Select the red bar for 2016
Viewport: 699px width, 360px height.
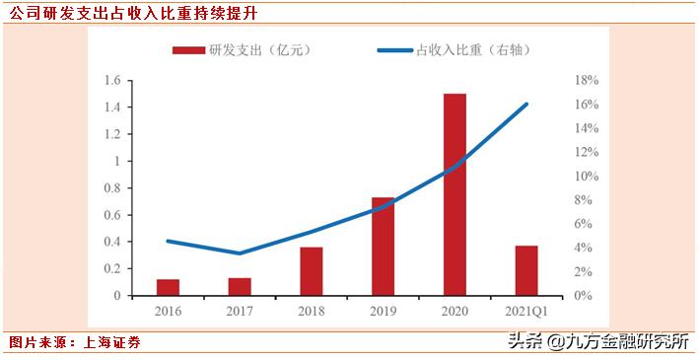168,287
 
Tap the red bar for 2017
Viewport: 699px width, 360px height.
240,286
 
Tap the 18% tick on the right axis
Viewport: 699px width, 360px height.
586,80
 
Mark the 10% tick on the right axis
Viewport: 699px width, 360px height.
586,176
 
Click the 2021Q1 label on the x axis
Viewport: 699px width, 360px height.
525,311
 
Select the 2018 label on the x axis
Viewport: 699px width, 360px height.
312,311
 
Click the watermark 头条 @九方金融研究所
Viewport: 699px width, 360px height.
597,342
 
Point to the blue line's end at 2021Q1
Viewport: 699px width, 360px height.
526,104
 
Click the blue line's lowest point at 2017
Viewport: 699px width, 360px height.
240,253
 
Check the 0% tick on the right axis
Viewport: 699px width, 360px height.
583,296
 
